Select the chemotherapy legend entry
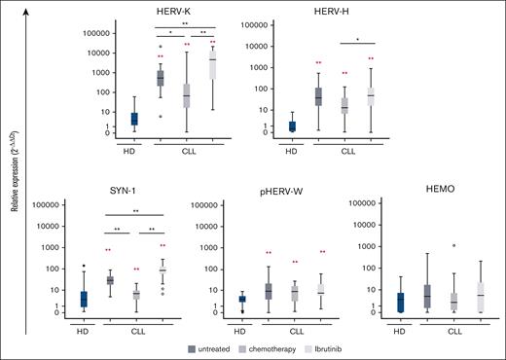(298, 347)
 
